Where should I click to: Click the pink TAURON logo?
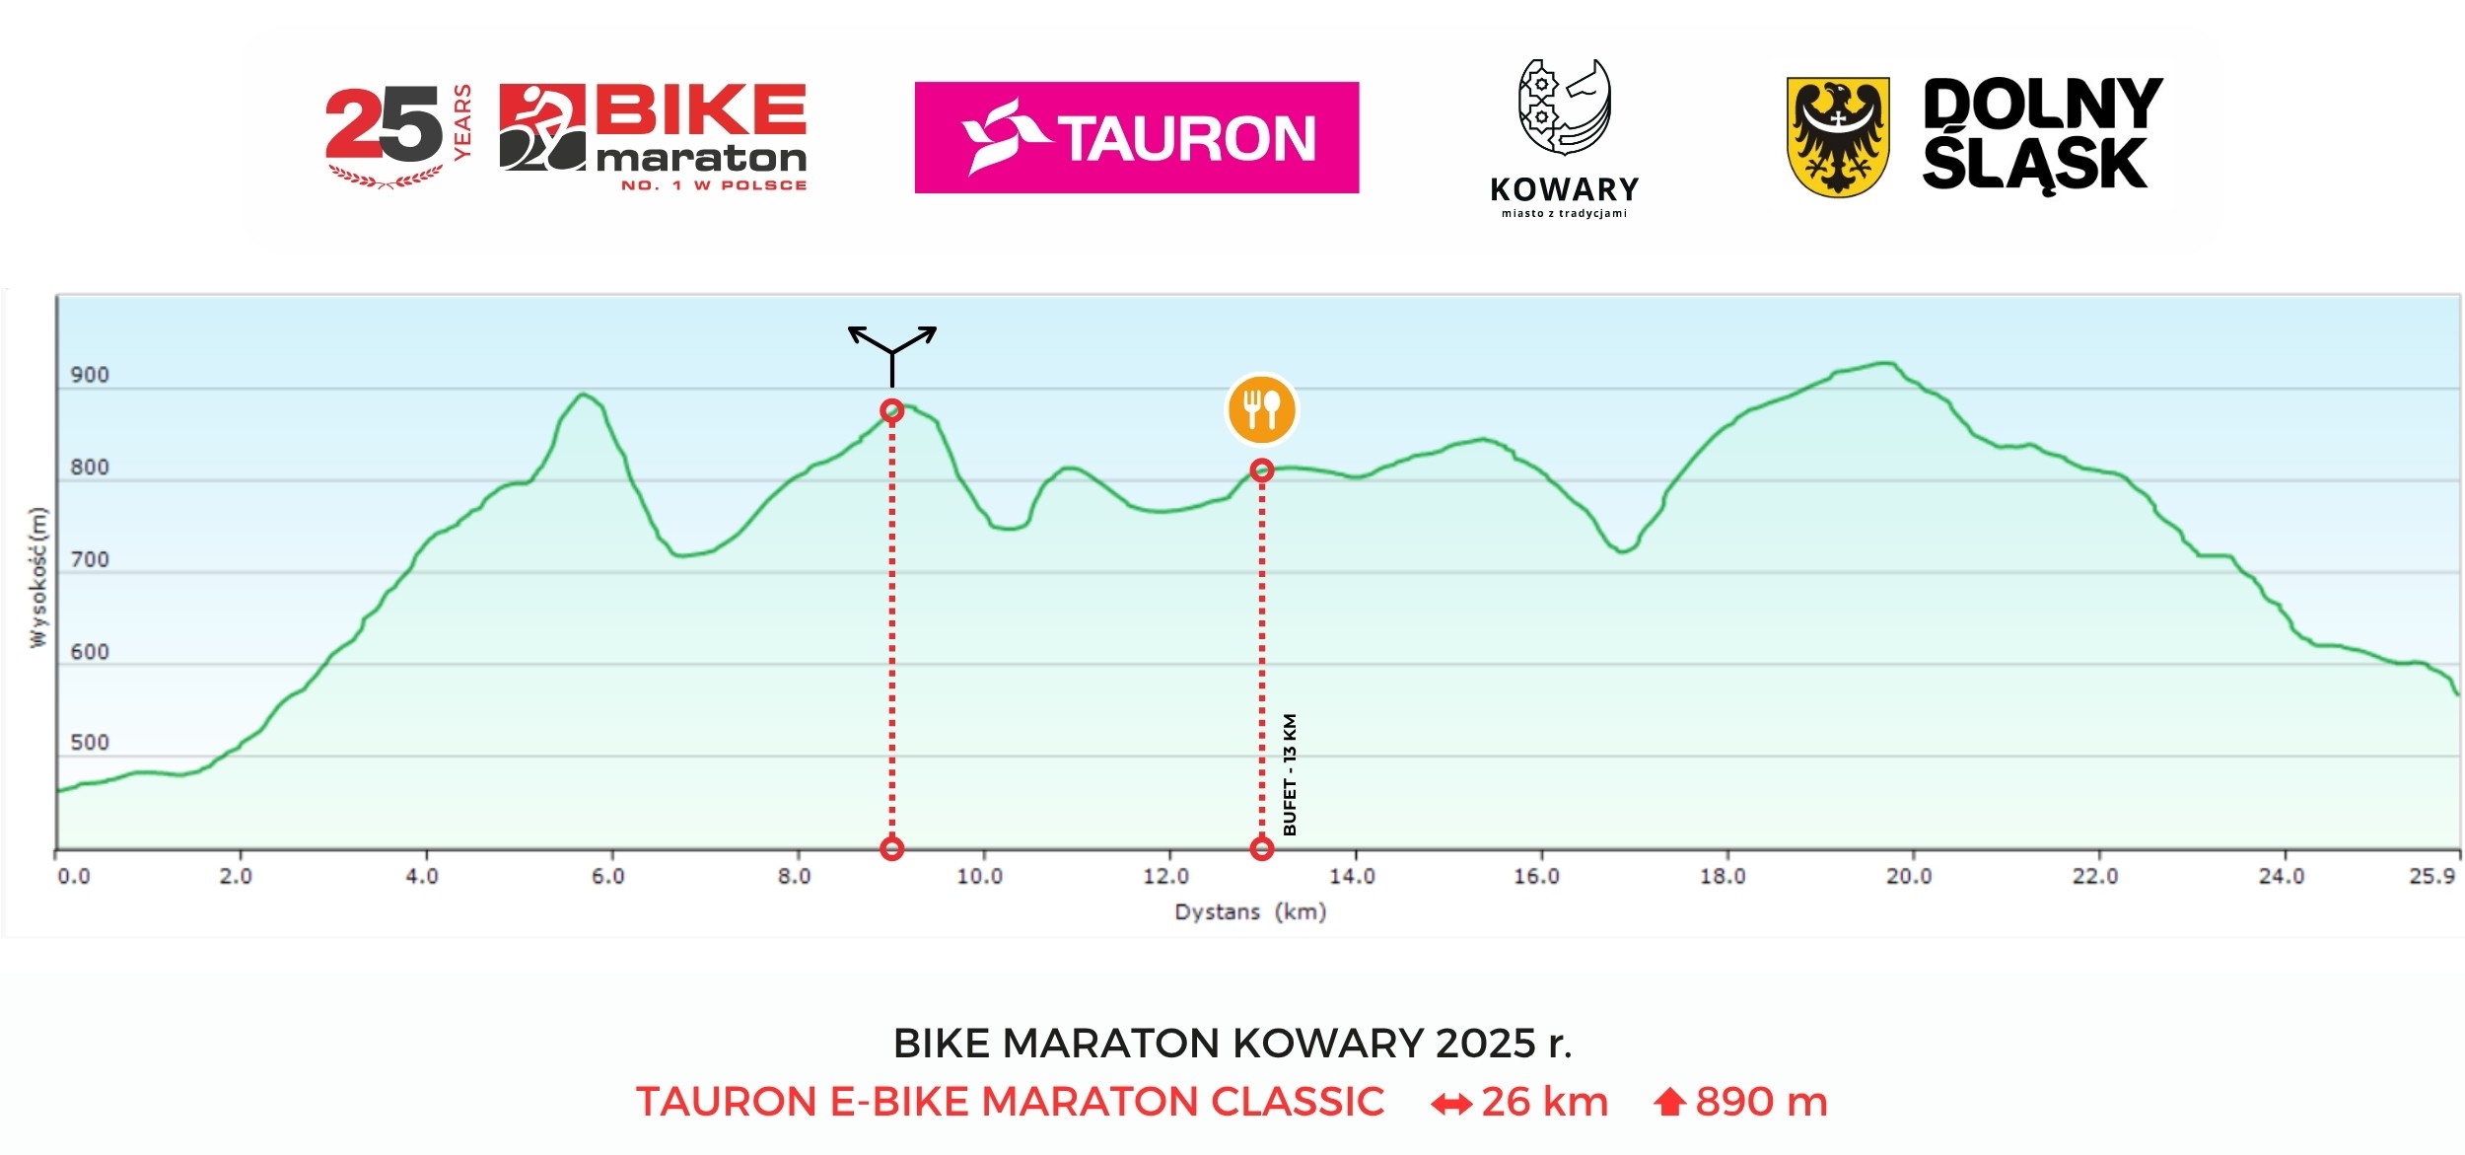(1136, 137)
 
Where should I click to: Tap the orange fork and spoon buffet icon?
(1261, 409)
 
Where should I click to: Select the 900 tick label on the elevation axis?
(90, 375)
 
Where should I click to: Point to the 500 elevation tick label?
(90, 743)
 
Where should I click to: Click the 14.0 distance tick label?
(1351, 876)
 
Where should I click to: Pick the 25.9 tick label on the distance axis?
(2431, 876)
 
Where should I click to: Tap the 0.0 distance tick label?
(74, 876)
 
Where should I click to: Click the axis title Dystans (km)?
(1249, 911)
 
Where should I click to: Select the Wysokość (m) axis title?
(38, 577)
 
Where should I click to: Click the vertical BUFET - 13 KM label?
(1290, 774)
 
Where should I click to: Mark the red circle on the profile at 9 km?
(891, 410)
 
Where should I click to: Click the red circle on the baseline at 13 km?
(1261, 847)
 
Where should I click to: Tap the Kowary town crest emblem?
(1564, 107)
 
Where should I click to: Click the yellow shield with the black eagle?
(1838, 137)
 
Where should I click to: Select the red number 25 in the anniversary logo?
(383, 125)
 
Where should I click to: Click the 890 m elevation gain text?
(1761, 1102)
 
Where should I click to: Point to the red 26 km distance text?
(1544, 1102)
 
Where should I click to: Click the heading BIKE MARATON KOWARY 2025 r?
(1232, 1043)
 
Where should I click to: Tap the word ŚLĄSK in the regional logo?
(2034, 164)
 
